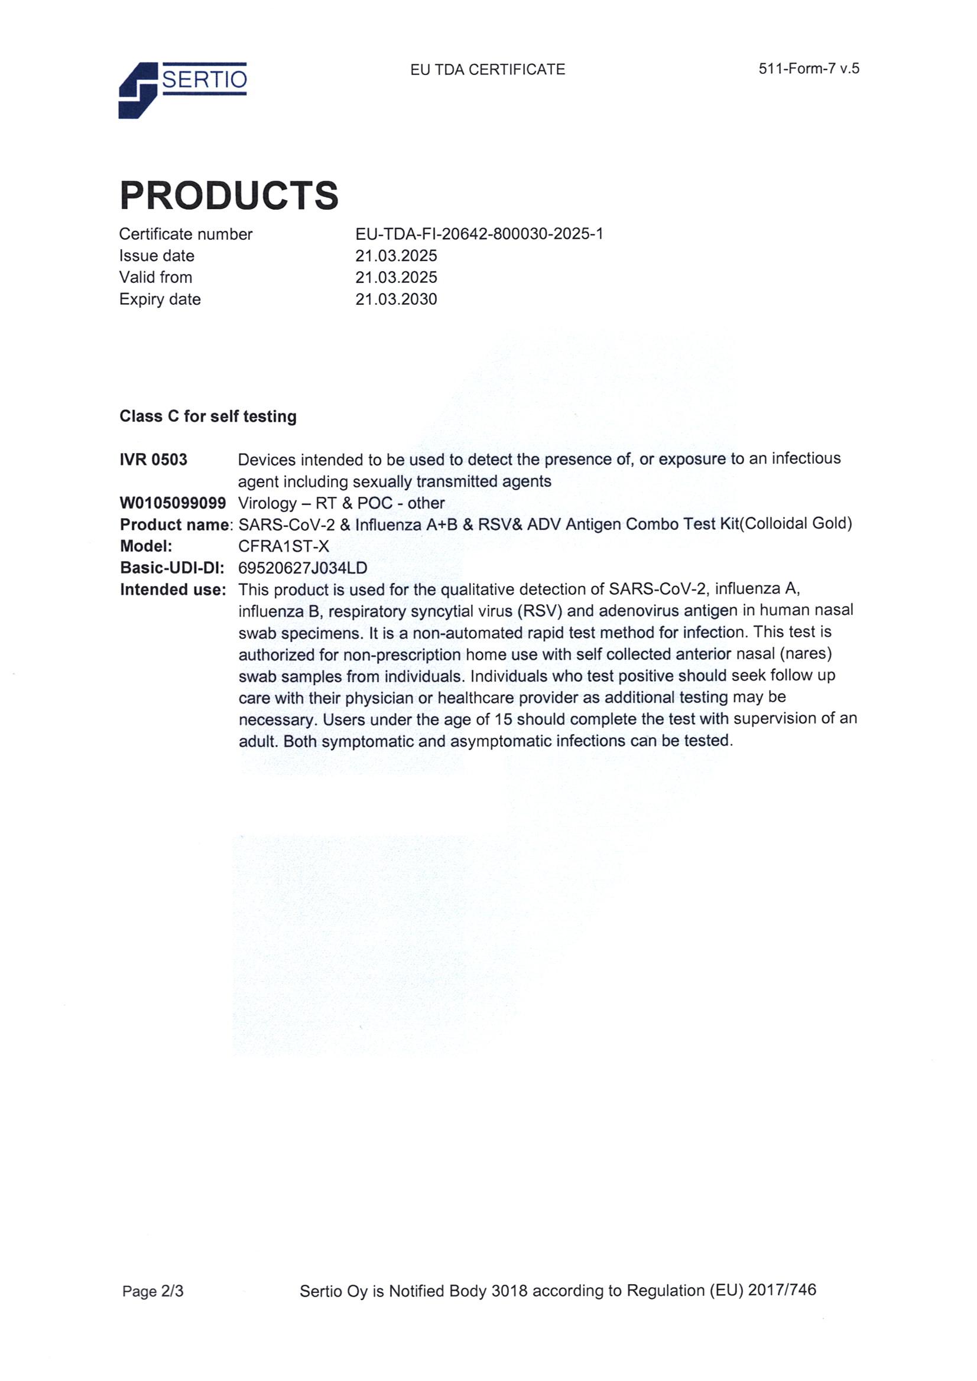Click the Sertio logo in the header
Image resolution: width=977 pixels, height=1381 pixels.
183,90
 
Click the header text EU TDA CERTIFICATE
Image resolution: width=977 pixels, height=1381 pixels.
488,70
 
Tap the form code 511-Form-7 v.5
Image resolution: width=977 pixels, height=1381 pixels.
809,69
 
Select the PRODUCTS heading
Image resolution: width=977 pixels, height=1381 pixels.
229,196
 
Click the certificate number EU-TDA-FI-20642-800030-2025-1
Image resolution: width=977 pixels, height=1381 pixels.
479,234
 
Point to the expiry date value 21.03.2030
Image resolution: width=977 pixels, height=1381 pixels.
396,299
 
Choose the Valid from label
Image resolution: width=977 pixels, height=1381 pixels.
156,277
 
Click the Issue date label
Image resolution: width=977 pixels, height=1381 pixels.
157,256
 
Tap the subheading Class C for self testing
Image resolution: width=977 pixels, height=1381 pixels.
207,416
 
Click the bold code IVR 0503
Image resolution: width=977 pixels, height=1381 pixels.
154,460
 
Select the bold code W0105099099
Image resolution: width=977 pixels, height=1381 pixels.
173,503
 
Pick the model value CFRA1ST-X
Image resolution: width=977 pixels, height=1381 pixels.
284,546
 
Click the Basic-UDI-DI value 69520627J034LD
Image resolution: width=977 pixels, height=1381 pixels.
303,568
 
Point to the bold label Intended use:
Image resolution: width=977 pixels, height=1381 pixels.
173,589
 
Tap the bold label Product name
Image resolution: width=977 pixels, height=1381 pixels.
174,525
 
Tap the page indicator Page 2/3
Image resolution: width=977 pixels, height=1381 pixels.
153,1291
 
